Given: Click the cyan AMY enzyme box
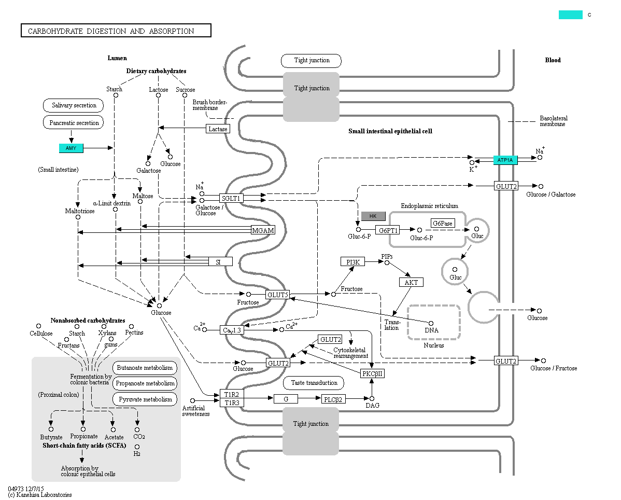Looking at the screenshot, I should point(71,148).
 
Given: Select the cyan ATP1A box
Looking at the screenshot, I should point(505,160).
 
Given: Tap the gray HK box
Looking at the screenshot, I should point(373,216).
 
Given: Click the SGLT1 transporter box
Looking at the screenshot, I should point(231,198).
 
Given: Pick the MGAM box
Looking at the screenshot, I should point(263,230).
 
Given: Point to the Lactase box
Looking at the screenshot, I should point(218,129).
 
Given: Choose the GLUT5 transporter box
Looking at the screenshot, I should point(277,295).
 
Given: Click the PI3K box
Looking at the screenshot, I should point(352,262).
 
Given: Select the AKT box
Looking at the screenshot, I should point(411,282).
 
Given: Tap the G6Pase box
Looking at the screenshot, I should point(443,223).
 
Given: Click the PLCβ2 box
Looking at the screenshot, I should point(334,399).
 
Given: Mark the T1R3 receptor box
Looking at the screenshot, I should point(231,402).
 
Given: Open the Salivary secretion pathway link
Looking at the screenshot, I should point(74,105).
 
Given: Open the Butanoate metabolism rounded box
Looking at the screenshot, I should point(145,368).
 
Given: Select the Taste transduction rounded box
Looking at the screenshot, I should point(314,383).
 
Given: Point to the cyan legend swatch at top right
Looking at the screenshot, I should point(570,15).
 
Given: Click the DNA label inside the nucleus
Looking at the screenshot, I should point(431,330).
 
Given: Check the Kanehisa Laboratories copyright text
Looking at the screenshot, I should point(40,495).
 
